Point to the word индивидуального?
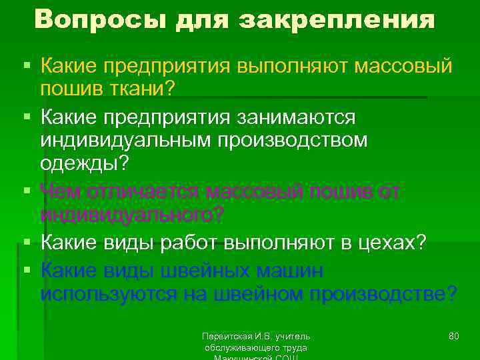(133, 216)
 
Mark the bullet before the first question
(26, 65)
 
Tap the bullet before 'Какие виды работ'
(26, 243)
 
